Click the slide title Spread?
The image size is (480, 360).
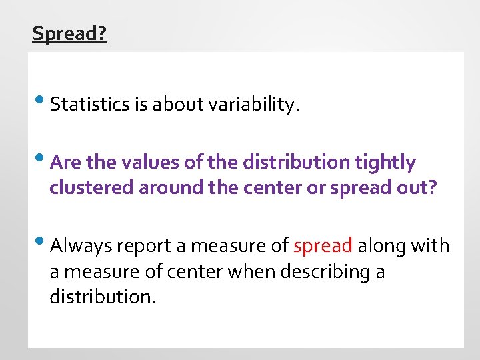pyautogui.click(x=69, y=33)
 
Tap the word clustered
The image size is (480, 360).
pyautogui.click(x=91, y=188)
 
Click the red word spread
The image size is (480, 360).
pyautogui.click(x=323, y=247)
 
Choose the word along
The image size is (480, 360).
pyautogui.click(x=381, y=246)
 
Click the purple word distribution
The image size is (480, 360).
pyautogui.click(x=296, y=163)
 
